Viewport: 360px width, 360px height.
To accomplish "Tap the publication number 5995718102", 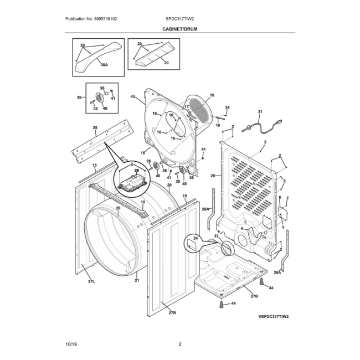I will tap(92, 19).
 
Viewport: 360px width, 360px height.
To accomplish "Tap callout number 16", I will tap(212, 96).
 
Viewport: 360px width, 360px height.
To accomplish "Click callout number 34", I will tap(227, 107).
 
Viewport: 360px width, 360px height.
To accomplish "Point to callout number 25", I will tap(95, 128).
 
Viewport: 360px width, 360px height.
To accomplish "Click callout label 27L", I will tap(92, 282).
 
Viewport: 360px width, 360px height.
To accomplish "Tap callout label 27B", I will tap(254, 296).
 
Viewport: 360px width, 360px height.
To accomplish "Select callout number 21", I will tap(137, 281).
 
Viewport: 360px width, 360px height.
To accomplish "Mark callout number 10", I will tap(142, 203).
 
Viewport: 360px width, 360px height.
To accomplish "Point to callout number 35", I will tap(79, 97).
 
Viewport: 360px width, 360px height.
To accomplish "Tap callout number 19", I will tap(218, 126).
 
